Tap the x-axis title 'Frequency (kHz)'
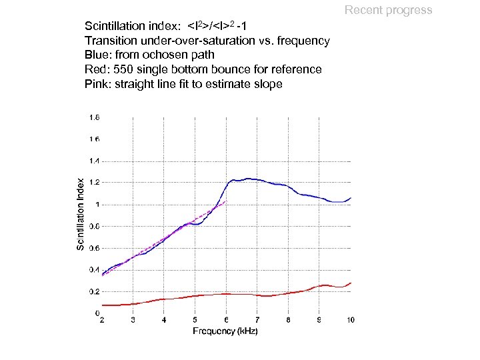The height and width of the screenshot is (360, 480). pos(225,331)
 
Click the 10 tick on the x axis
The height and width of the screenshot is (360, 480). pos(350,321)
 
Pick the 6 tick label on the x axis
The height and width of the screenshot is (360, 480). pos(226,321)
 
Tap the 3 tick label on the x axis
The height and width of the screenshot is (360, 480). pos(133,321)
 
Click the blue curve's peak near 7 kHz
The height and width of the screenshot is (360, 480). pos(247,178)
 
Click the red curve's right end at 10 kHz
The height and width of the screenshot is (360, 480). pos(351,283)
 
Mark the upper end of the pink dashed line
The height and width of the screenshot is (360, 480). pos(227,201)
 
